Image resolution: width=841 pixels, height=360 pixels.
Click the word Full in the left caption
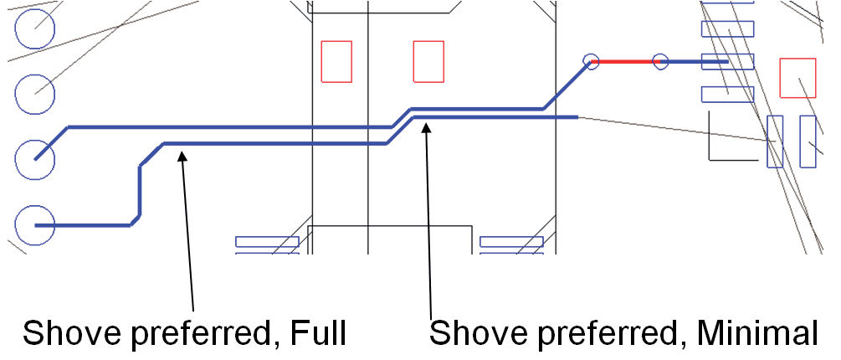pyautogui.click(x=318, y=333)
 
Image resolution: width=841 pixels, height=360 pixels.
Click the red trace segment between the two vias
pyautogui.click(x=625, y=62)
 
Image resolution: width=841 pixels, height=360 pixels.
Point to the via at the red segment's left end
pyautogui.click(x=591, y=62)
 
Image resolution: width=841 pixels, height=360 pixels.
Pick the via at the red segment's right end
pyautogui.click(x=660, y=62)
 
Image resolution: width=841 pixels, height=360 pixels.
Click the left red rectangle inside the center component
pyautogui.click(x=336, y=62)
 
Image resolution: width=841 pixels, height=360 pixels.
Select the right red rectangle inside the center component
pyautogui.click(x=428, y=62)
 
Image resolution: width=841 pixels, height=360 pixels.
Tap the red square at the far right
pyautogui.click(x=797, y=78)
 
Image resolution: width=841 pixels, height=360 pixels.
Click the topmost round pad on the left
pyautogui.click(x=35, y=28)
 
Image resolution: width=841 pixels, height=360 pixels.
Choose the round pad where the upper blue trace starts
pyautogui.click(x=35, y=159)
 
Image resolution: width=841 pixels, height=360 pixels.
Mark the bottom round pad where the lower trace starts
pyautogui.click(x=35, y=225)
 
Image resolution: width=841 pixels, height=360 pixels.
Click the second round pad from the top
pyautogui.click(x=35, y=94)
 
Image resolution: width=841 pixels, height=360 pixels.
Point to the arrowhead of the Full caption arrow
pyautogui.click(x=182, y=156)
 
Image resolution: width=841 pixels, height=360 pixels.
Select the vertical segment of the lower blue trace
pyautogui.click(x=140, y=190)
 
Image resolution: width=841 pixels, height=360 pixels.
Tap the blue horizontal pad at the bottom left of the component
pyautogui.click(x=267, y=241)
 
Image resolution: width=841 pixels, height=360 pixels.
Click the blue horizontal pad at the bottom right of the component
pyautogui.click(x=511, y=241)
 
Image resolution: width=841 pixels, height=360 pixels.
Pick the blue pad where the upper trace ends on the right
pyautogui.click(x=728, y=62)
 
